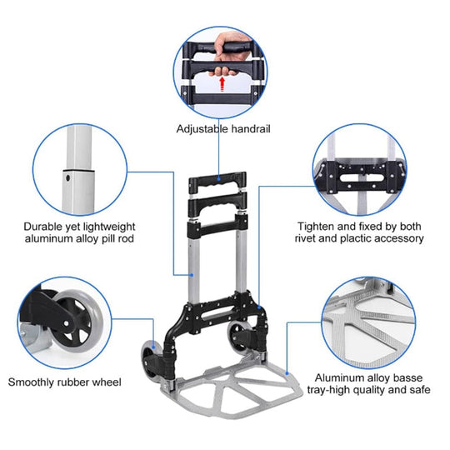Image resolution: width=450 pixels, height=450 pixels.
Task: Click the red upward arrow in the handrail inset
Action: (x=222, y=84)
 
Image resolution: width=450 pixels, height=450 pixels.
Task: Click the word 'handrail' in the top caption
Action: (x=251, y=128)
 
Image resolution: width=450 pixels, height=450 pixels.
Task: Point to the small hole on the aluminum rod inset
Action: (x=68, y=178)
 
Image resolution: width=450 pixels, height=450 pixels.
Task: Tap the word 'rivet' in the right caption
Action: (x=305, y=238)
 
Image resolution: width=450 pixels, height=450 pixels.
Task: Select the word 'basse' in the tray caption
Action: (x=407, y=377)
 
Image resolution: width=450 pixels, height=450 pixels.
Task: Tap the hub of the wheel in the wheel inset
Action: (x=67, y=323)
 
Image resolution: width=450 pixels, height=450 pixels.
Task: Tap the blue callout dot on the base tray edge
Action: (x=287, y=373)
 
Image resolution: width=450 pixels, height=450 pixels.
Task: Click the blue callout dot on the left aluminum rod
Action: (x=192, y=275)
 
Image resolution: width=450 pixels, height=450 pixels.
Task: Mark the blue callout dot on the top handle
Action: (x=218, y=179)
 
